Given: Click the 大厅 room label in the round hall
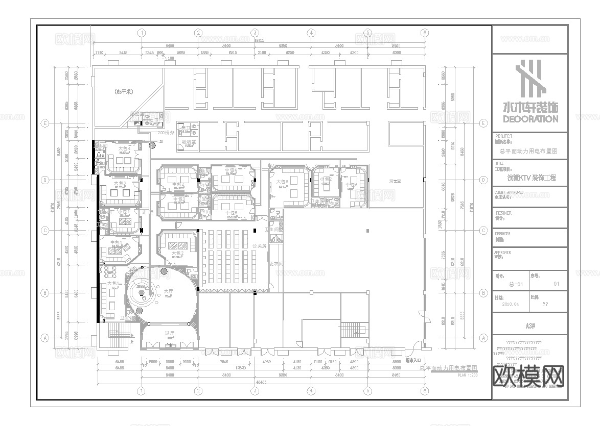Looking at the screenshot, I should point(168,291).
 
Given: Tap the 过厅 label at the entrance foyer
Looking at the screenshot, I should point(170,333).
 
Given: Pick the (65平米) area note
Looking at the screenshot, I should point(124,92).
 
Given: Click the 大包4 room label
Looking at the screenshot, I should point(123,148).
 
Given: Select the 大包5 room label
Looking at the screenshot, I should point(283,182).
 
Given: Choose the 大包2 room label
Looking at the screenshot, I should point(177,253).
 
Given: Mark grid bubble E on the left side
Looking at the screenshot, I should point(45,123).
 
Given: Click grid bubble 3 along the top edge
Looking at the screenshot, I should point(254,33).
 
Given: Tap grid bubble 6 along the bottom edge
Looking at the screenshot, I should point(424,391).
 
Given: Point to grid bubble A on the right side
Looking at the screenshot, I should point(483,338).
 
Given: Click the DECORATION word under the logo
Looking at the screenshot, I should point(530,119).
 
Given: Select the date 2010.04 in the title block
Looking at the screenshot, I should point(510,304).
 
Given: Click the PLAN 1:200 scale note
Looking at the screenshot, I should point(467,375).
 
